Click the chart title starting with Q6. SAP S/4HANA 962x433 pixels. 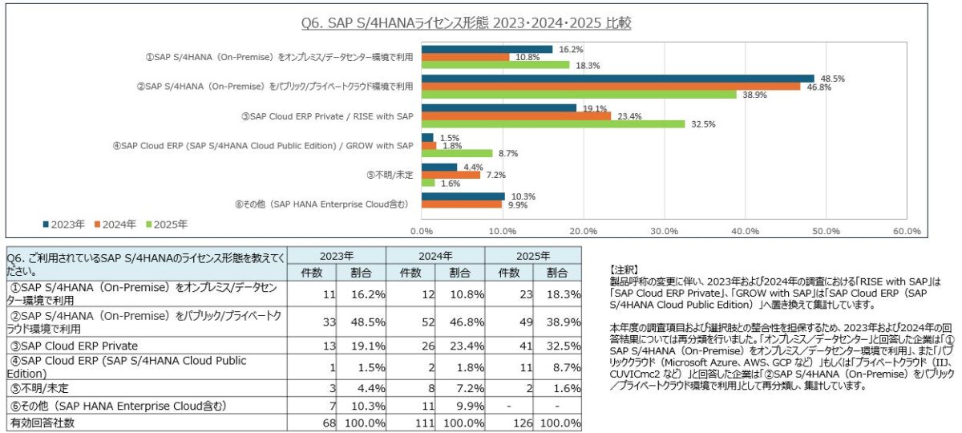coord(466,23)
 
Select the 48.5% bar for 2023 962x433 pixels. coord(617,79)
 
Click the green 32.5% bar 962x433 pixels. coord(553,124)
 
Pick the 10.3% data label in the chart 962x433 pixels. coord(523,196)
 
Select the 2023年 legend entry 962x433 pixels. coord(64,225)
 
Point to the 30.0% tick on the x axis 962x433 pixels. coord(664,231)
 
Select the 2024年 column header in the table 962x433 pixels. coord(435,256)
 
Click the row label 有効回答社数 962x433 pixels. coord(42,423)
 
